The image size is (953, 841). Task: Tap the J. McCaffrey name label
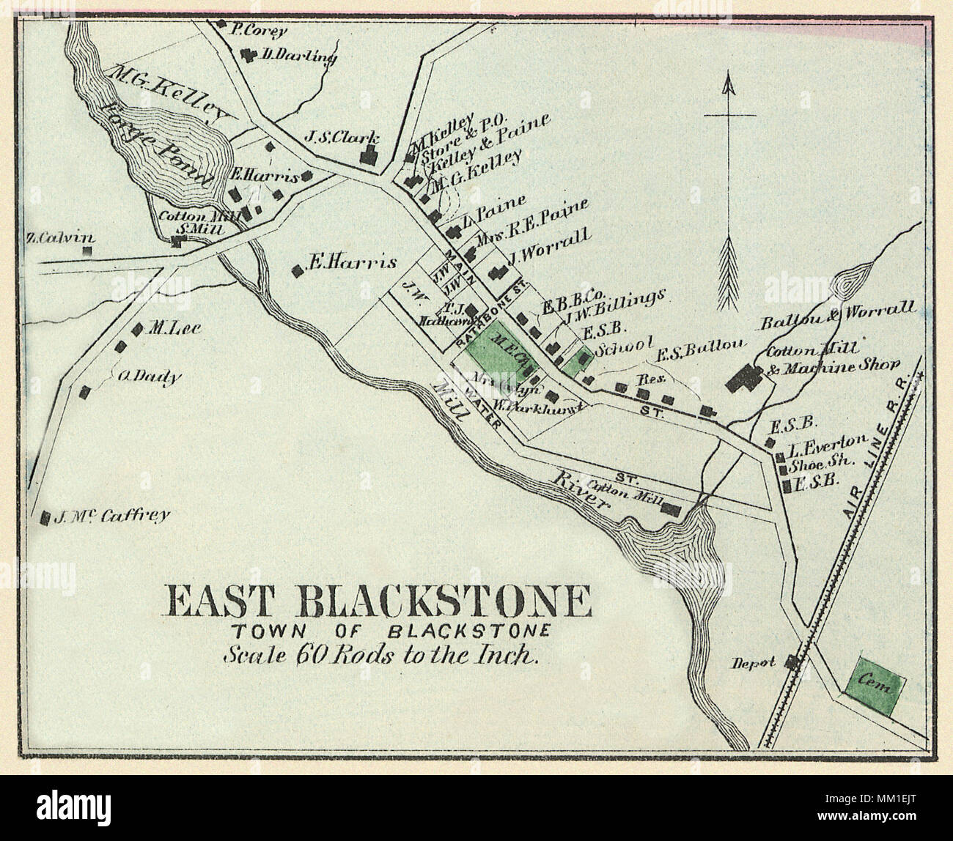113,515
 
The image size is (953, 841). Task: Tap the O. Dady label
149,377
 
